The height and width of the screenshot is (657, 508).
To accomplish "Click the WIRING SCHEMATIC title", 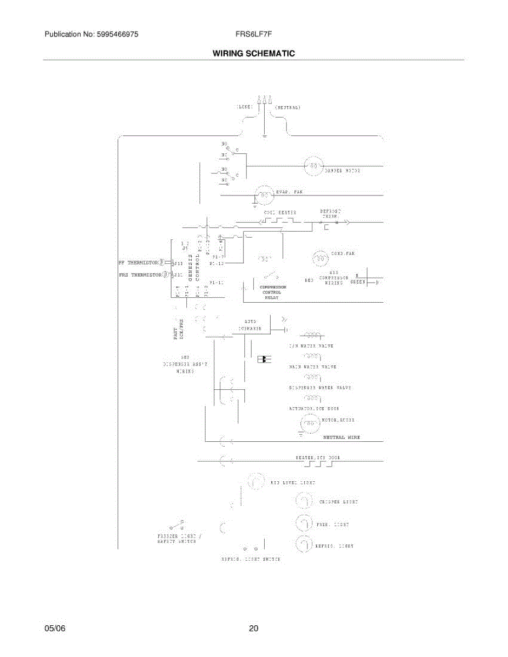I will pos(254,54).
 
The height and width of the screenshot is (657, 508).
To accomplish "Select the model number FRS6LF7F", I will pos(254,34).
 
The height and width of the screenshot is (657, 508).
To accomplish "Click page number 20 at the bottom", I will pos(253,629).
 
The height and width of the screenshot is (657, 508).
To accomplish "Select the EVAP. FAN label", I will pos(290,192).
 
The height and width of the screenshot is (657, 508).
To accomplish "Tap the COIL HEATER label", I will pos(280,212).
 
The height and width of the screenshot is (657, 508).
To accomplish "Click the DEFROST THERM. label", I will pos(330,214).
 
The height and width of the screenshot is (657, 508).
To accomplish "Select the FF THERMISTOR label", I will pos(138,262).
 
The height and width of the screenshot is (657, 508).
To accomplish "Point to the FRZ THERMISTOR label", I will pos(139,274).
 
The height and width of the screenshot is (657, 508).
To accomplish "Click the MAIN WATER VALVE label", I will pos(312,367).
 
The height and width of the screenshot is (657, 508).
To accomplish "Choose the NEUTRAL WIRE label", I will pos(341,437).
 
